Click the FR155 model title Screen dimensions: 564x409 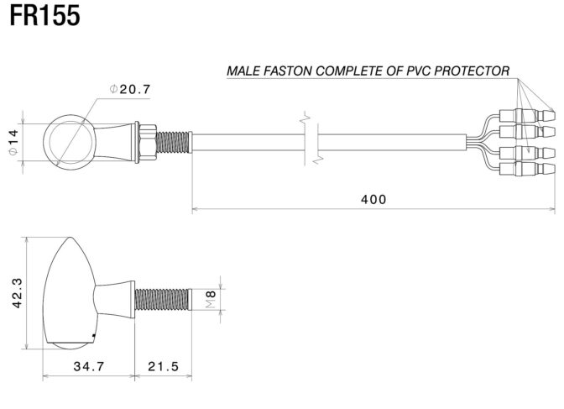tap(44, 16)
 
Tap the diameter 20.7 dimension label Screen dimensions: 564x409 tap(130, 89)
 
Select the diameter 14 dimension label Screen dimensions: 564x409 tap(13, 142)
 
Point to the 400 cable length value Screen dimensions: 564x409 tap(373, 199)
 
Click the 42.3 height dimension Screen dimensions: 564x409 tap(17, 293)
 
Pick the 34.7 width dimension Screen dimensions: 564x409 tap(88, 366)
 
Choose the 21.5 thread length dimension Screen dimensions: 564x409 tap(164, 366)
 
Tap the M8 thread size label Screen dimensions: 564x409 tap(211, 299)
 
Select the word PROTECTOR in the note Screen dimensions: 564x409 tap(472, 71)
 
